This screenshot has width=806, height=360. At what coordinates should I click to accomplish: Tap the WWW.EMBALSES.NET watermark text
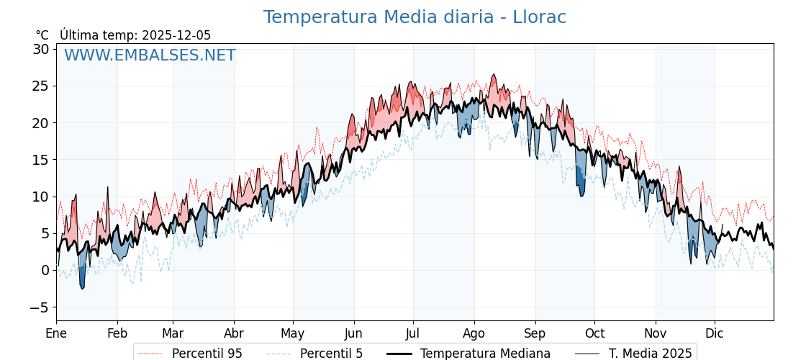point(150,55)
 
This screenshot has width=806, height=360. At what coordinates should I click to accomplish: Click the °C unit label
point(42,35)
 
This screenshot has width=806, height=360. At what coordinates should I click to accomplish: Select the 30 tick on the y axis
point(40,49)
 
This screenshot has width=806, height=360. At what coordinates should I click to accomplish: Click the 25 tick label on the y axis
point(40,86)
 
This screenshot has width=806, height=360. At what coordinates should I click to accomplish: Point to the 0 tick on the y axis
point(45,270)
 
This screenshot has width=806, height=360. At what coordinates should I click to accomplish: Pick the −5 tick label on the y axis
point(40,307)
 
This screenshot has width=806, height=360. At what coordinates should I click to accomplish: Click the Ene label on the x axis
point(56,334)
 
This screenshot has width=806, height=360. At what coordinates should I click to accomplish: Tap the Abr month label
point(234,334)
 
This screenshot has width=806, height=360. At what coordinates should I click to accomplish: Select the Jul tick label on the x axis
point(413,334)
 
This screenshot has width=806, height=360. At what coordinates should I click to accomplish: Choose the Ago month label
point(474,334)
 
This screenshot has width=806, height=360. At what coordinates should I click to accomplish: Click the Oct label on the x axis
point(594,334)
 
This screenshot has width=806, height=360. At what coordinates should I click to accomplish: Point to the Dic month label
point(715,334)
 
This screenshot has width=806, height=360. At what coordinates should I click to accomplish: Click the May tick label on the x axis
point(293,334)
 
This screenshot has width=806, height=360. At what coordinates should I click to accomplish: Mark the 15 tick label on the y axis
point(40,160)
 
